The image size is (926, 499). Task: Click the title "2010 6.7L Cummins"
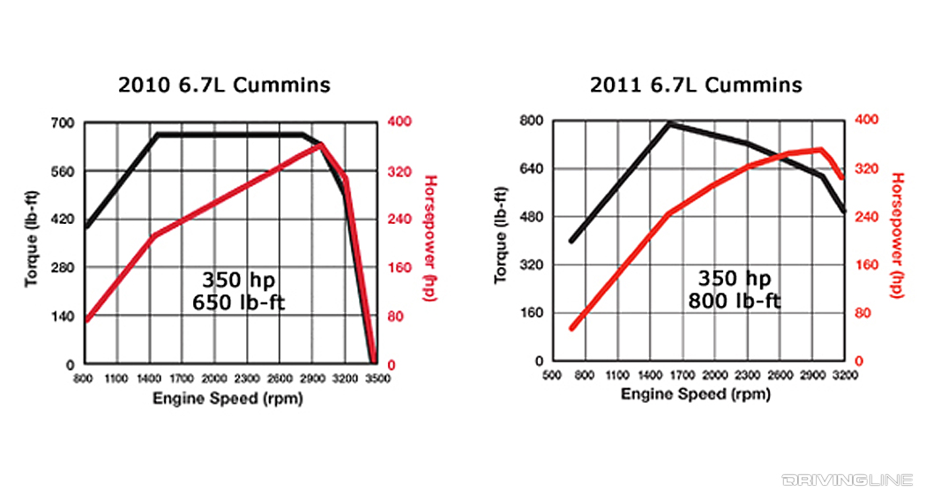[225, 85]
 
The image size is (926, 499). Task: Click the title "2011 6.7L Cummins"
[697, 85]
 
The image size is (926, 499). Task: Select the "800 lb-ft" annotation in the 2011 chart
[734, 301]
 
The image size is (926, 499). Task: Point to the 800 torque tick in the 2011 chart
[534, 120]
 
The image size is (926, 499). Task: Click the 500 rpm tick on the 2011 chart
[553, 375]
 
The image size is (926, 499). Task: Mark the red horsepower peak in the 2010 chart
[322, 145]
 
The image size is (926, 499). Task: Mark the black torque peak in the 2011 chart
[669, 123]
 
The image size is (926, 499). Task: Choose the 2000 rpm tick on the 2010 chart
[213, 377]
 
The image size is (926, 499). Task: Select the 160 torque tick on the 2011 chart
[534, 313]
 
